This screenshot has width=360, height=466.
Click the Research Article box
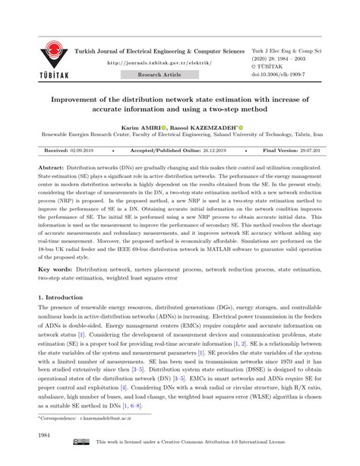[159, 74]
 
